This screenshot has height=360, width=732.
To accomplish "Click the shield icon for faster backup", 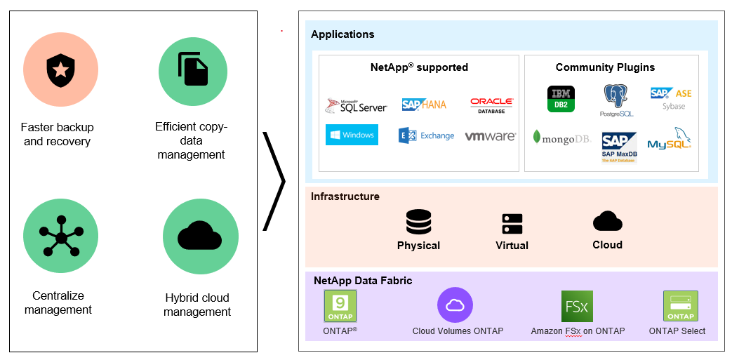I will (60, 70).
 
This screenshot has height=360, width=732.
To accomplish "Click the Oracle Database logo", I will (491, 105).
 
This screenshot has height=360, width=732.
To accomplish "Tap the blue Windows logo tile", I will (352, 135).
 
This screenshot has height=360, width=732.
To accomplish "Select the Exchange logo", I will (426, 135).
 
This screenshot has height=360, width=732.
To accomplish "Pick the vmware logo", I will (491, 136).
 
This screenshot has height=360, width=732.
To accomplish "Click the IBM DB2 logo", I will (561, 98).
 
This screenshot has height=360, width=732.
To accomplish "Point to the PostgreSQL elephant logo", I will (616, 100).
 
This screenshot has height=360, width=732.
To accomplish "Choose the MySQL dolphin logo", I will (670, 139).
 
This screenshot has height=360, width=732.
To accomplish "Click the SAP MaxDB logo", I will (618, 147).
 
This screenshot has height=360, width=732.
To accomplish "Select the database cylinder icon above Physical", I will (418, 223).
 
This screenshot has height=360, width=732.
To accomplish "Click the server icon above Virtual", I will (512, 224).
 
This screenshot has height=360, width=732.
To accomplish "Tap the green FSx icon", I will (577, 306).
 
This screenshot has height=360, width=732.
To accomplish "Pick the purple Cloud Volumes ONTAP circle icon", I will (455, 305).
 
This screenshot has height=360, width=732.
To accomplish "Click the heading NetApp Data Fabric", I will (363, 281).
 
